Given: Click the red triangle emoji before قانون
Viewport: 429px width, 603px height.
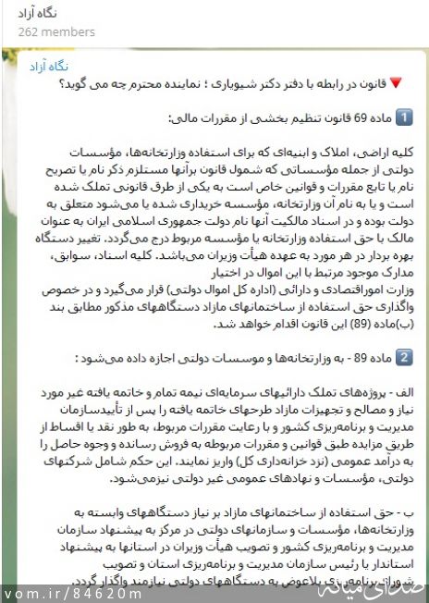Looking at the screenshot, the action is coord(396,85).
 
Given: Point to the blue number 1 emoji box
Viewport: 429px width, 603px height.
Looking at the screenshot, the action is coord(403,118).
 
